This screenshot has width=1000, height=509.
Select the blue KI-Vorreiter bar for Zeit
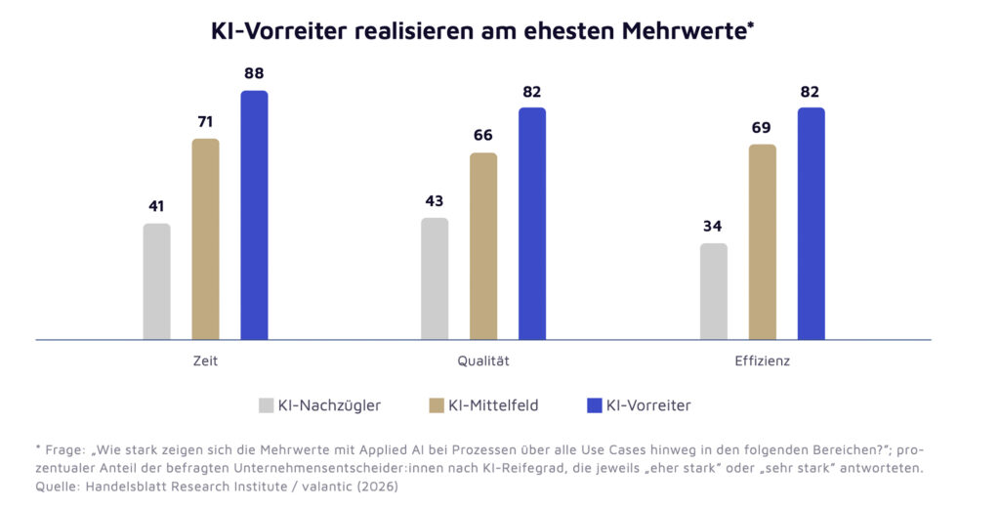[254, 215]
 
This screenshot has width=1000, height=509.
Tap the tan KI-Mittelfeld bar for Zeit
[205, 239]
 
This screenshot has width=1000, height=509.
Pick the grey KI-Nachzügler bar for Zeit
[156, 281]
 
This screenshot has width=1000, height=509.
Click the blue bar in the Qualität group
[532, 224]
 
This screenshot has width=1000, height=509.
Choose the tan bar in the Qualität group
[483, 246]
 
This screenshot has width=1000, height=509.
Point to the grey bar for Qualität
[435, 278]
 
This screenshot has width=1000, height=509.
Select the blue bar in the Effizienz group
[811, 224]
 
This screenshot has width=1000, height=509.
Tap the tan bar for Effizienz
[762, 242]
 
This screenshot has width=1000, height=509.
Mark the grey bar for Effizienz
[714, 291]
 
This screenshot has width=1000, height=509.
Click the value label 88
[254, 73]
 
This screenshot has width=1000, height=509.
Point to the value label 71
[205, 122]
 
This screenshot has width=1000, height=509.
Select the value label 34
[714, 227]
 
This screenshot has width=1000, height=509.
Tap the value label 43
[435, 201]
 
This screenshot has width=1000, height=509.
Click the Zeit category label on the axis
[205, 361]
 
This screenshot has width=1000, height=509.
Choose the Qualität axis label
[483, 361]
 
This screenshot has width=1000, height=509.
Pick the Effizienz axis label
[762, 361]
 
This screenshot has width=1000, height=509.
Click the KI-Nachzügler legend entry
[319, 404]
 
